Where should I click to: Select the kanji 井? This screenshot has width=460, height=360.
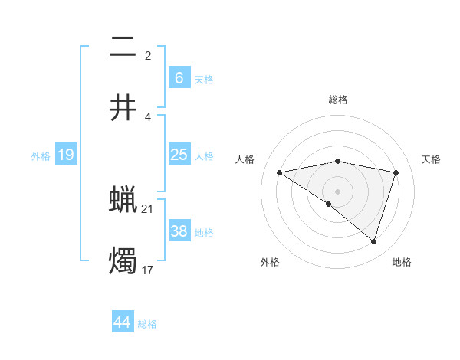tap(123, 107)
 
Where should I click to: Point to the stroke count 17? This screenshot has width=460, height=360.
tap(148, 269)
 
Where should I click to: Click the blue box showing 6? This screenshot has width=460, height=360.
tap(179, 77)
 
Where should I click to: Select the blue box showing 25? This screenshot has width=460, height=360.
tap(179, 155)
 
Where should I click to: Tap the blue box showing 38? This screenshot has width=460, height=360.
tap(179, 231)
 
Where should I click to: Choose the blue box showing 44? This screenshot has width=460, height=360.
tap(123, 322)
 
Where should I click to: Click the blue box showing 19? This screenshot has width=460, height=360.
tap(66, 155)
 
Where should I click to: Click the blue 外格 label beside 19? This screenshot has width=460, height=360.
tap(41, 156)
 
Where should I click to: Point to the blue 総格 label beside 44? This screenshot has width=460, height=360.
tap(148, 324)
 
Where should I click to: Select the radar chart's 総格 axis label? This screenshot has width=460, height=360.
tap(338, 100)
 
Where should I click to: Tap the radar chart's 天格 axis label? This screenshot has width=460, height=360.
tap(432, 159)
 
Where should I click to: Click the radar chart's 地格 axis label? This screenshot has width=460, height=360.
tap(402, 262)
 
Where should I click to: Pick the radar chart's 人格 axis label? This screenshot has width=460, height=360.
tap(245, 159)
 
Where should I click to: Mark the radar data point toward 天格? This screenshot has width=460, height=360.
tap(396, 172)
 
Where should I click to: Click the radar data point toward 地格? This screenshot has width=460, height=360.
tap(373, 241)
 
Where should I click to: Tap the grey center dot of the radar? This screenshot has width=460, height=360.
tap(338, 191)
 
